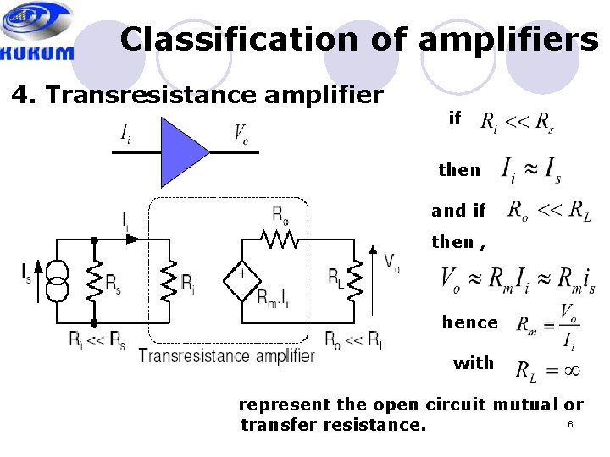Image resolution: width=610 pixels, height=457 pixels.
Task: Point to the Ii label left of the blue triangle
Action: (125, 133)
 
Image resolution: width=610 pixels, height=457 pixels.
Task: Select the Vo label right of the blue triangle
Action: (241, 133)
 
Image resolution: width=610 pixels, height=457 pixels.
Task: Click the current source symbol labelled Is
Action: (57, 281)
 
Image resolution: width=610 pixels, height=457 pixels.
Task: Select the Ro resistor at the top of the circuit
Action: (280, 240)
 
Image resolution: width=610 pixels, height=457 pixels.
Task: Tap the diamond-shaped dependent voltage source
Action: (242, 280)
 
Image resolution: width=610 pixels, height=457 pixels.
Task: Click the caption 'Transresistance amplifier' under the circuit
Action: (226, 355)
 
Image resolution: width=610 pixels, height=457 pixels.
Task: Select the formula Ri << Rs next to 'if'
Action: (517, 124)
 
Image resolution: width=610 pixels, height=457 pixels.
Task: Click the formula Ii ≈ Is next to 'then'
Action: (531, 169)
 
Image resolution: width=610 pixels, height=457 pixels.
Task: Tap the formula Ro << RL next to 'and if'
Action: (548, 211)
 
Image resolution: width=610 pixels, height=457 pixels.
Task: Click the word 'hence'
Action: (470, 322)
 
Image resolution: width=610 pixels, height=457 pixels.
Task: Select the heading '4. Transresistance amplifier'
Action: (197, 95)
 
